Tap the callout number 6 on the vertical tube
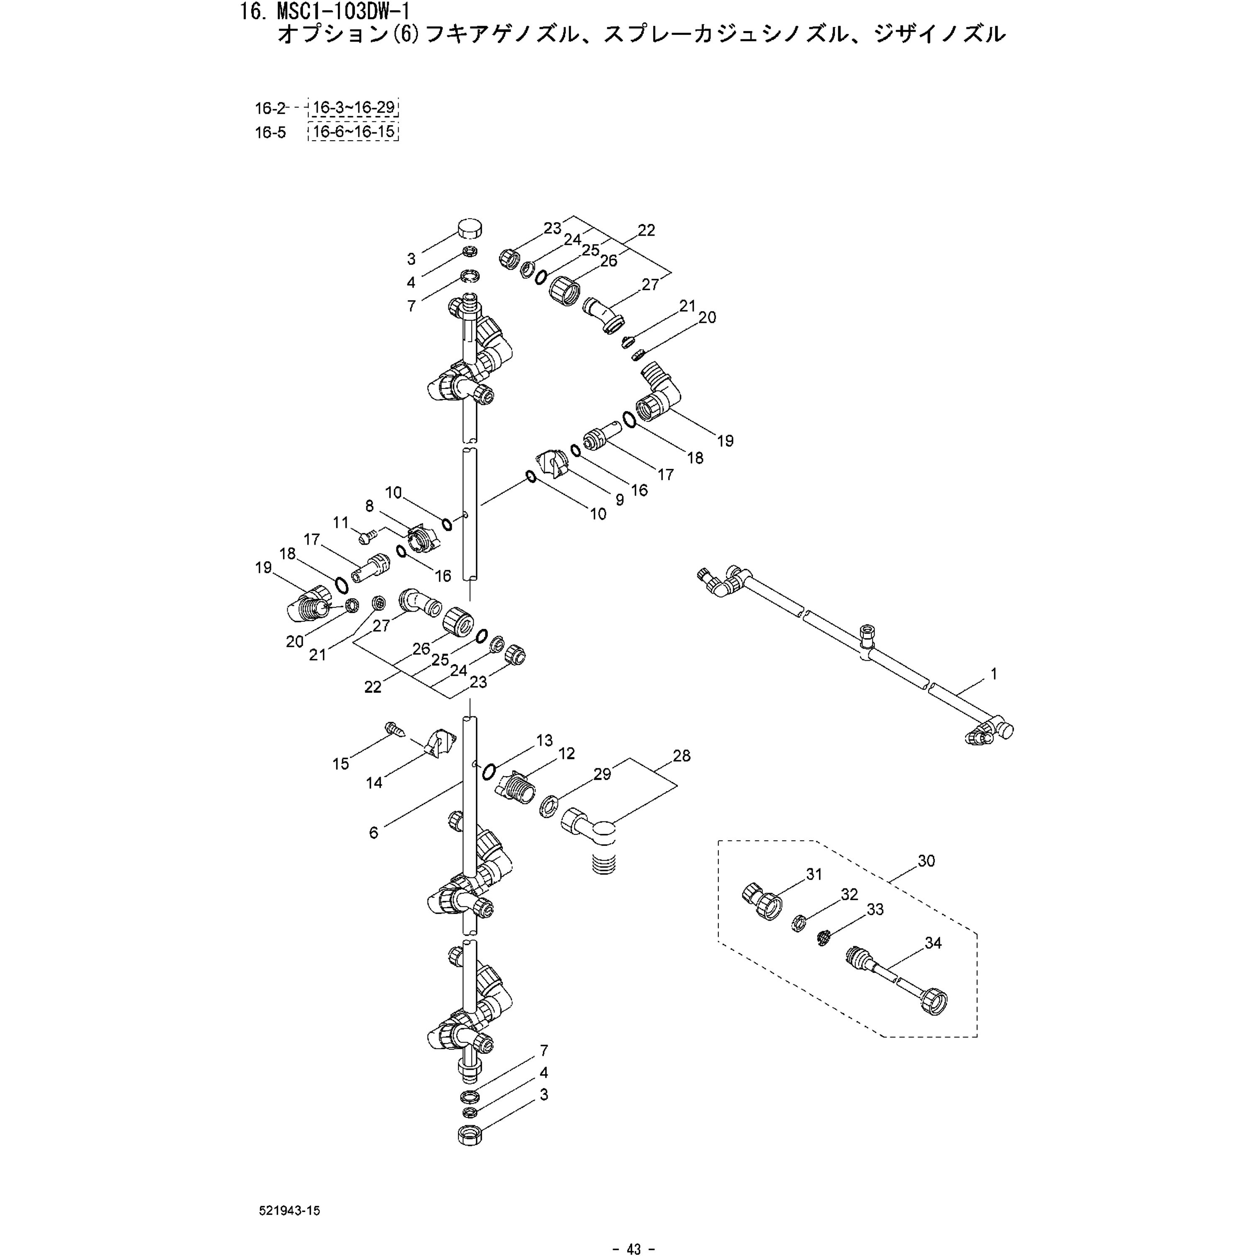click(373, 833)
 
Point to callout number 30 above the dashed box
click(926, 861)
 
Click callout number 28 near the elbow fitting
click(681, 755)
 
